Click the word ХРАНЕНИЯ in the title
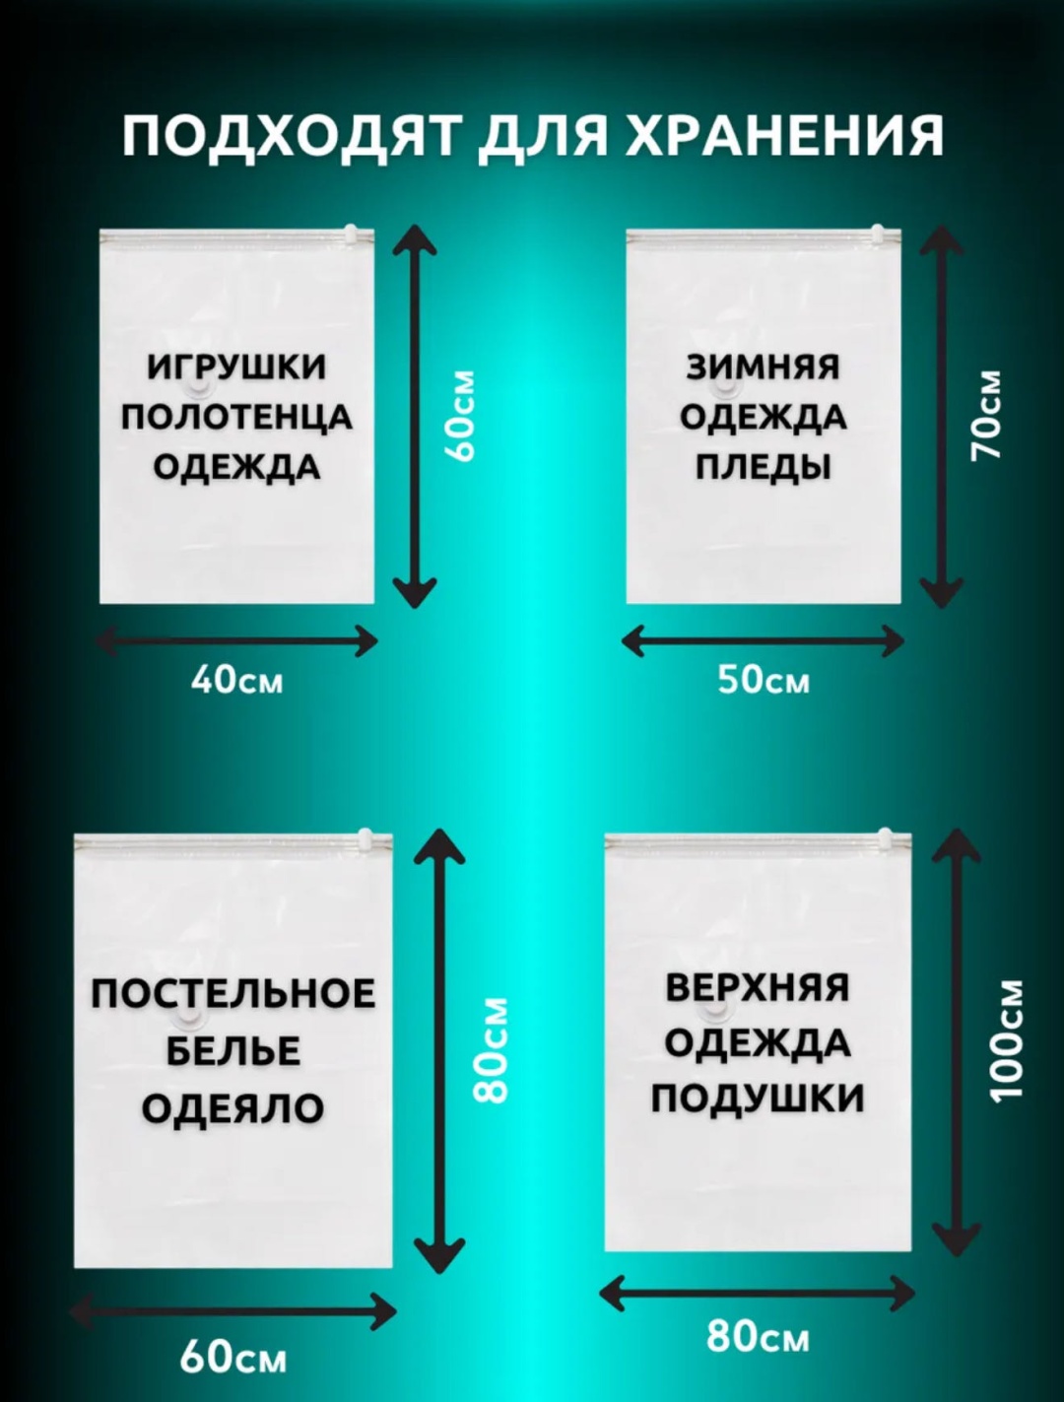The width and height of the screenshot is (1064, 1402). [783, 137]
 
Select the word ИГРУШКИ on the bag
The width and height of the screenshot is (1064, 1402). [236, 367]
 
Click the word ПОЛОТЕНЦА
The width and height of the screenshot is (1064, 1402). [236, 419]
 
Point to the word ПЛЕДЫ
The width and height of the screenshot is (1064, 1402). [764, 468]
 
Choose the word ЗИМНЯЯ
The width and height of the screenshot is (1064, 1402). [764, 367]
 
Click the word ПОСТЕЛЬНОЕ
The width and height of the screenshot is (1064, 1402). [233, 993]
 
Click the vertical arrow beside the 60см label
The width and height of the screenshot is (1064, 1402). [415, 417]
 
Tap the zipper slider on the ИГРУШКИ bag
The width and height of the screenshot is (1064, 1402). [351, 233]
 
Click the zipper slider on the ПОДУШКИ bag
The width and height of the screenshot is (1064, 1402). [885, 837]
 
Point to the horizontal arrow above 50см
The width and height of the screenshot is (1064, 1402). [763, 641]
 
